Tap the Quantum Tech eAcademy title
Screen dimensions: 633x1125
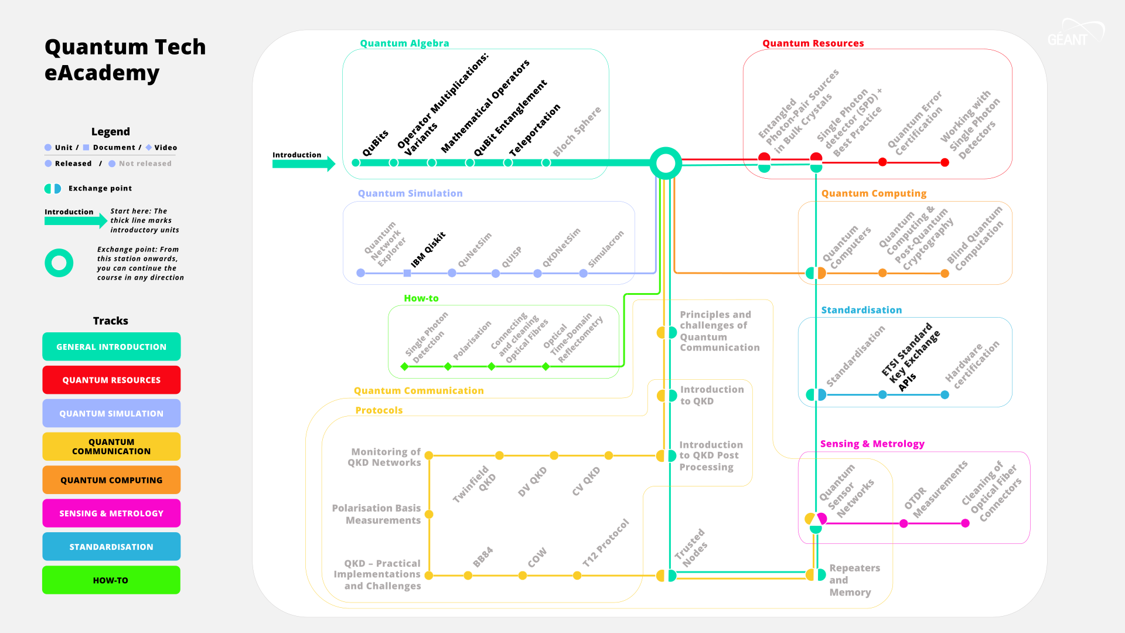pos(125,59)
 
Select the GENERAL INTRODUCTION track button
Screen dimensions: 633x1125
pos(111,347)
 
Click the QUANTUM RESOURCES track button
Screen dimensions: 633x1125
pos(111,380)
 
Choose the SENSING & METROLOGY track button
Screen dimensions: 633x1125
pos(111,513)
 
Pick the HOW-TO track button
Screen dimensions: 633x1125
pos(111,580)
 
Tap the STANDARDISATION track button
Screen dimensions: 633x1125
pos(111,547)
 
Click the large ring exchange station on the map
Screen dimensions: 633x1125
pos(666,163)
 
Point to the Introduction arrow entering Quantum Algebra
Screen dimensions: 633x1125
pos(303,164)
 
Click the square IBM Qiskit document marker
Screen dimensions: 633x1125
pos(407,273)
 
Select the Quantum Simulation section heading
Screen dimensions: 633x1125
pos(410,193)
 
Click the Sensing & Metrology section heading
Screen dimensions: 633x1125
pos(872,444)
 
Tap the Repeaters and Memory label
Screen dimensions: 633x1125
pos(854,580)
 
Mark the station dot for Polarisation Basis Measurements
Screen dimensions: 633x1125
pos(429,515)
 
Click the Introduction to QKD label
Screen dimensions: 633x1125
pos(711,395)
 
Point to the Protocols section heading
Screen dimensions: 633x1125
pos(379,410)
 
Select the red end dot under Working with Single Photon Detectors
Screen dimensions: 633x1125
pos(945,162)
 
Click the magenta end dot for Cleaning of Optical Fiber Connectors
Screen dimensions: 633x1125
pos(965,523)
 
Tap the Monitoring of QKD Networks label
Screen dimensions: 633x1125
pos(384,457)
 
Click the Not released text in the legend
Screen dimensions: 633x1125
pos(145,164)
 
